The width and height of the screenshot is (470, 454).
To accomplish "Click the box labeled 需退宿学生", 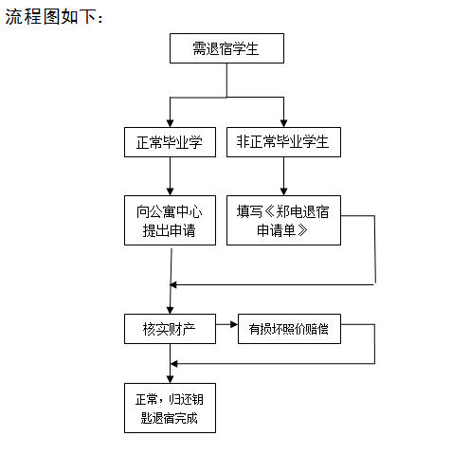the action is click(226, 48).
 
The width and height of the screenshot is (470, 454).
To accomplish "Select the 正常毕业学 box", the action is click(170, 142).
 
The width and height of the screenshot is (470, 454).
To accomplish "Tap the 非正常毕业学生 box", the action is click(283, 142).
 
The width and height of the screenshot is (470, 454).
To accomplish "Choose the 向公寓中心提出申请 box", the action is click(170, 220).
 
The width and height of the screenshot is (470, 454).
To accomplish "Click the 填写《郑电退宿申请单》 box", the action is click(283, 220).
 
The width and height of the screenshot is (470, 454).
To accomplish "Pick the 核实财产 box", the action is click(170, 329).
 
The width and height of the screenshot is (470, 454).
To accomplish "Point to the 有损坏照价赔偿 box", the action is click(289, 329).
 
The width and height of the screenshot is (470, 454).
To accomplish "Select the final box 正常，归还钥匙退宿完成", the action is click(170, 409).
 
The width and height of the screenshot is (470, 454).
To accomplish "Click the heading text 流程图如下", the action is click(54, 16).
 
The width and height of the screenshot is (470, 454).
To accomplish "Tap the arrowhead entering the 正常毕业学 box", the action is click(170, 123).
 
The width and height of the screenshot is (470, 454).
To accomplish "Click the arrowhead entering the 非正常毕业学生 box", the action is click(283, 123).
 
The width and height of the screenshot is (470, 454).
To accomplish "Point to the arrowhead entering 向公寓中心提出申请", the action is click(170, 191).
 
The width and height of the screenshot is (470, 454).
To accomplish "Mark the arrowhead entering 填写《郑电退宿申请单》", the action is click(283, 191).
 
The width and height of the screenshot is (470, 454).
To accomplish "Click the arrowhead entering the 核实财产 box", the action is click(170, 310).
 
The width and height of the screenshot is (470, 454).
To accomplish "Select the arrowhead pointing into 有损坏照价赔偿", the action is click(234, 324).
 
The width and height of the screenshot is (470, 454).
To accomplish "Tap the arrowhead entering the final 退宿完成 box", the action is click(170, 379).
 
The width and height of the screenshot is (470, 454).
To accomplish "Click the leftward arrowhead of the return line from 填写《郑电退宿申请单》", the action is click(173, 285).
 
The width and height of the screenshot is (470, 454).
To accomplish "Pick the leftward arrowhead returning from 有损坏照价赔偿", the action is click(173, 364).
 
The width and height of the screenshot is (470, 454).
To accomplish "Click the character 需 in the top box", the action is click(199, 48).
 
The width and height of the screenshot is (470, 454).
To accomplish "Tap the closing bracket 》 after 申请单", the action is click(302, 230).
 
